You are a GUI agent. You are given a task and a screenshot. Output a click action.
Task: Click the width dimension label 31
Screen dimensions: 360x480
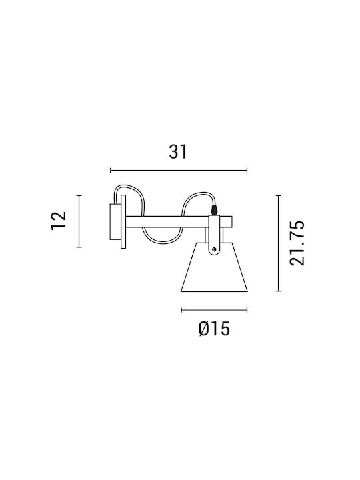point(178,152)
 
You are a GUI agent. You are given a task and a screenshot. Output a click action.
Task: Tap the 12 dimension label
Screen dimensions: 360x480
point(59,221)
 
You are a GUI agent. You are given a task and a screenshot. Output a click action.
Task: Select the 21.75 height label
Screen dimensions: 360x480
point(297,243)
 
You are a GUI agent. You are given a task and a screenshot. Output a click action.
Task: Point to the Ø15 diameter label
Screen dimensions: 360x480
point(214,329)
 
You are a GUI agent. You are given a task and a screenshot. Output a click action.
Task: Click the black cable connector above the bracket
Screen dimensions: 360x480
point(215,210)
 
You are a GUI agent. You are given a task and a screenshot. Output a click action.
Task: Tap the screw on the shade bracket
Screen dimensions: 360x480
point(214,250)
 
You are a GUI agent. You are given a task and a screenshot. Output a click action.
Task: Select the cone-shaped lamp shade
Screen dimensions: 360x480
point(214,267)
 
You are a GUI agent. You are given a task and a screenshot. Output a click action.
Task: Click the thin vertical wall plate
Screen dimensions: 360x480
point(123,221)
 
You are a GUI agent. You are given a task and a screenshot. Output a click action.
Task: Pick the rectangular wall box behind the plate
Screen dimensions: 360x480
point(115,221)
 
